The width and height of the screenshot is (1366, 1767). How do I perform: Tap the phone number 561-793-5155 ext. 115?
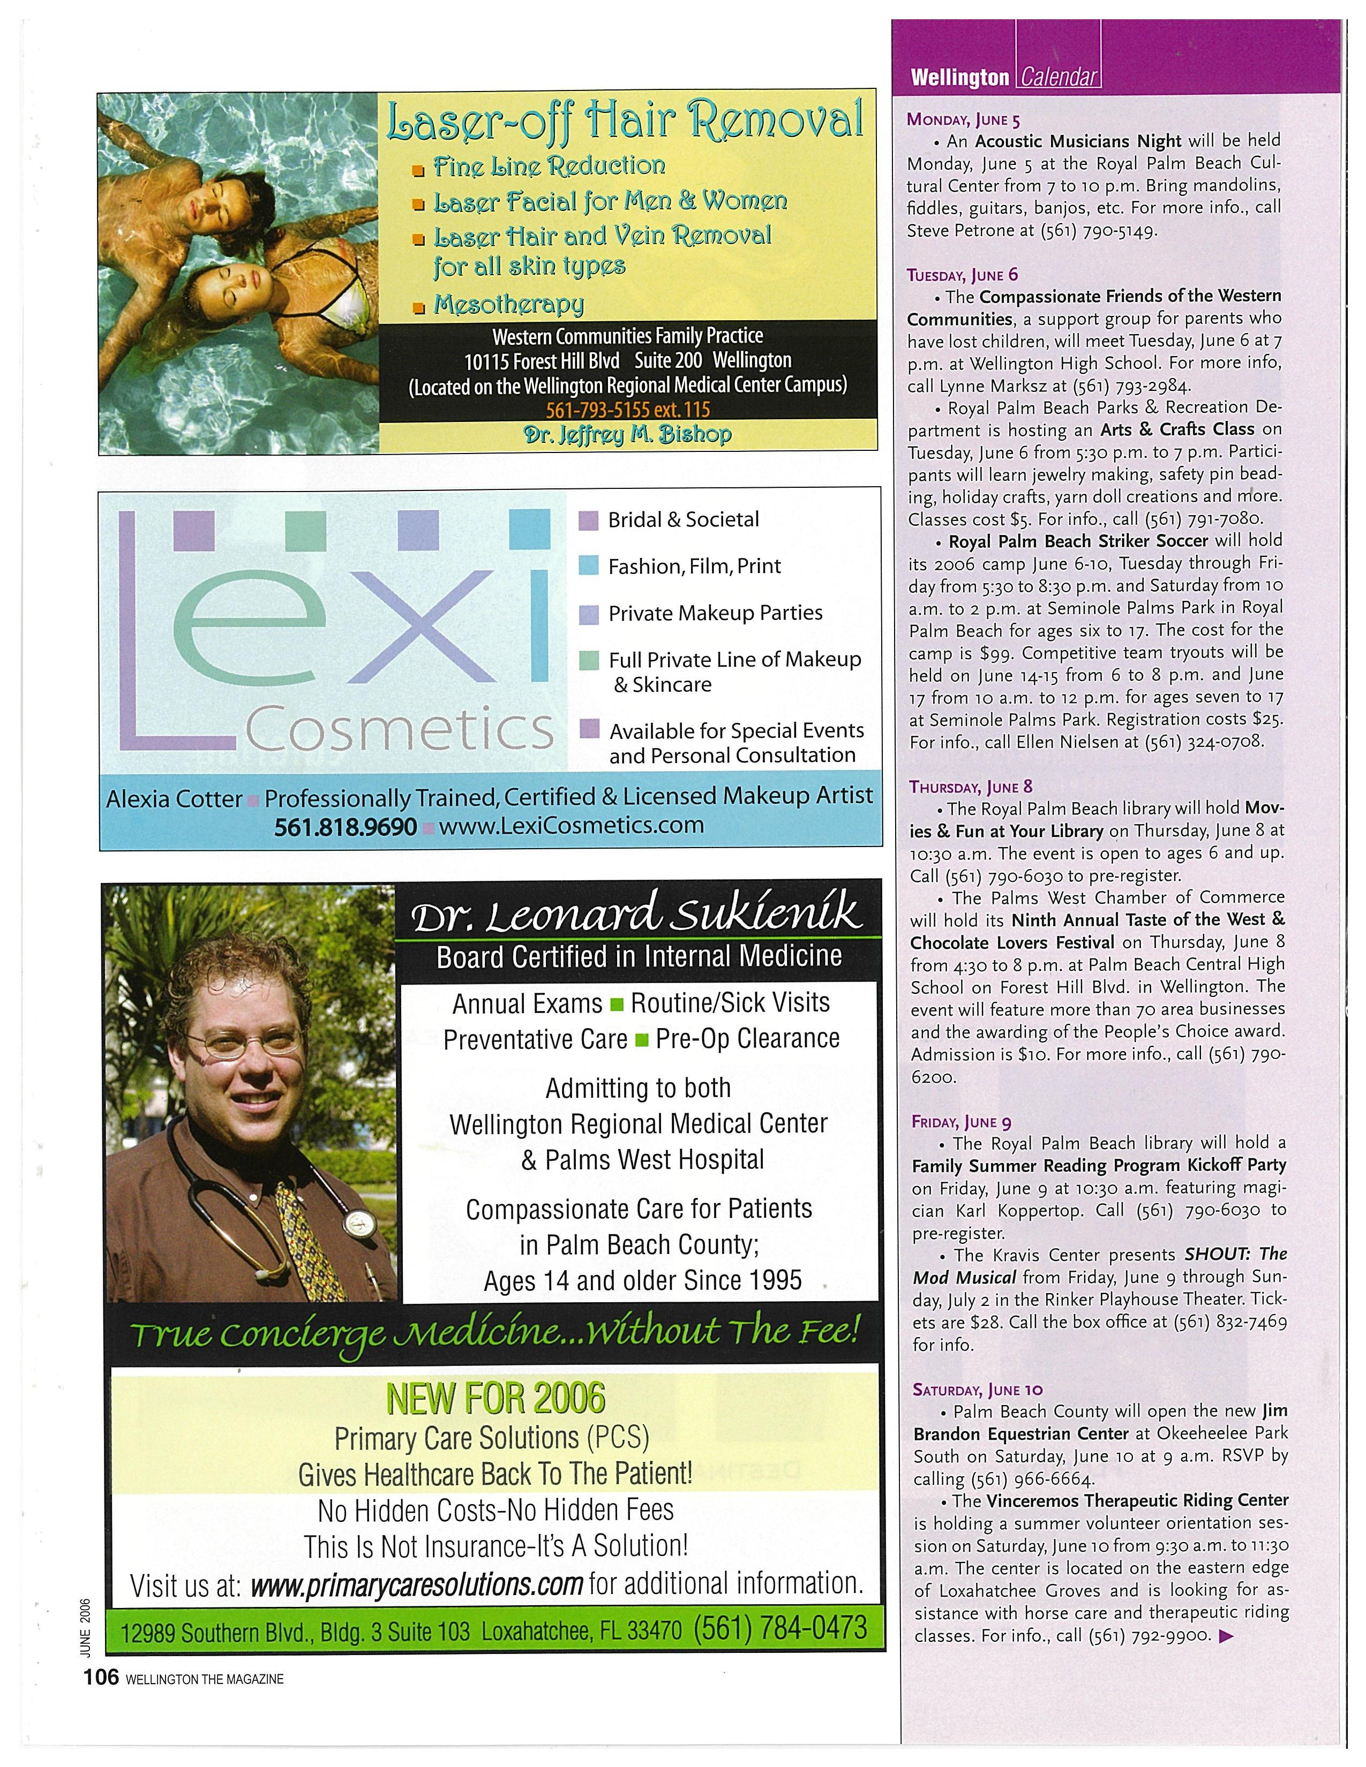[x=628, y=410]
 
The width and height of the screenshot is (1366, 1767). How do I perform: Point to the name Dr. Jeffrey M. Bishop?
[x=628, y=434]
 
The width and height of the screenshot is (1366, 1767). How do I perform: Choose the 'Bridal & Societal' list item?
[x=683, y=519]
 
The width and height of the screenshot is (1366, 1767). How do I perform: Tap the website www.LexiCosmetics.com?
[x=572, y=825]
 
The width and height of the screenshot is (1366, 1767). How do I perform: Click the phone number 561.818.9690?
[x=346, y=826]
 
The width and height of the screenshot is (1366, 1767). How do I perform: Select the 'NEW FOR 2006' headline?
[x=496, y=1397]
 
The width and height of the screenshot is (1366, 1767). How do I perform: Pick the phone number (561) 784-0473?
[x=780, y=1627]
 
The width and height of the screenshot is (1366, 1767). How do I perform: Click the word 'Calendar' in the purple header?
[x=1059, y=78]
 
